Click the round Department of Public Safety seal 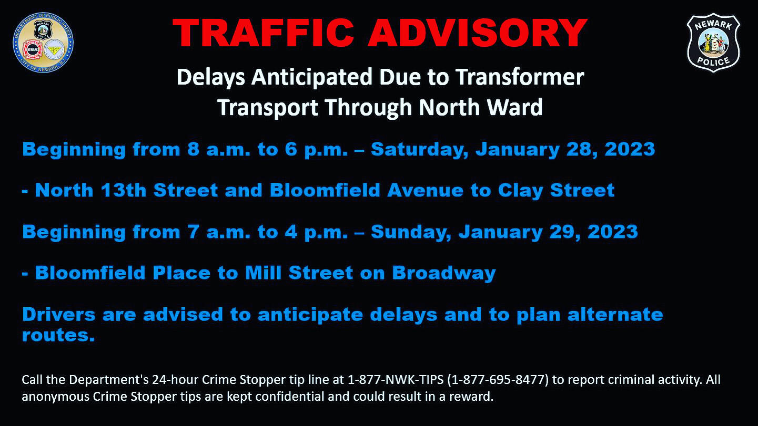pyautogui.click(x=43, y=43)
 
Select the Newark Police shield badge pyautogui.click(x=713, y=43)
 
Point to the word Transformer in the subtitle pyautogui.click(x=519, y=77)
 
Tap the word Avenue pyautogui.click(x=426, y=190)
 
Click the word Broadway pyautogui.click(x=443, y=273)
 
